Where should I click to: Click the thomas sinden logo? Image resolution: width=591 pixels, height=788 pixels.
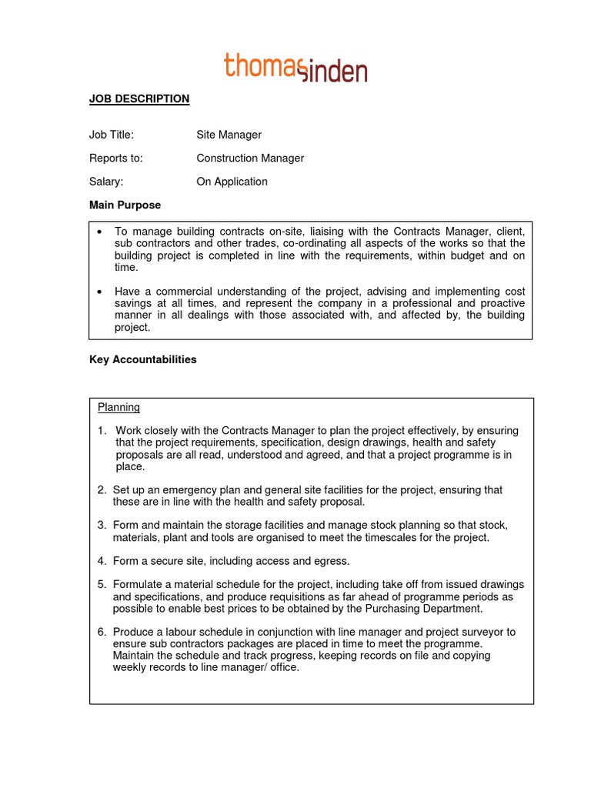coord(295,67)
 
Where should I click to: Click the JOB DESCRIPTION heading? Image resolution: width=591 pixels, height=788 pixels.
coord(139,98)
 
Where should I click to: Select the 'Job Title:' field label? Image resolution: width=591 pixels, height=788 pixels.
coord(112,135)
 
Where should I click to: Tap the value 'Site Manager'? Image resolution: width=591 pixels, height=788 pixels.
coord(229,135)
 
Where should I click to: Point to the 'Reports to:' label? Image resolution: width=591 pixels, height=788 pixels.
coord(116,159)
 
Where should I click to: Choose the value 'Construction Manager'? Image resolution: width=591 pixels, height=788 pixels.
coord(250,159)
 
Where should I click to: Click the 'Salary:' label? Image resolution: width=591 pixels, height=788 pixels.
coord(106,182)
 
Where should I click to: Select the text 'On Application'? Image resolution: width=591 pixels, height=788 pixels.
coord(232,182)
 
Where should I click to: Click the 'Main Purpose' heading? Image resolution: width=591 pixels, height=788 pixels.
coord(125,205)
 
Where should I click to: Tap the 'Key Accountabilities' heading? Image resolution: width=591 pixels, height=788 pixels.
coord(143,359)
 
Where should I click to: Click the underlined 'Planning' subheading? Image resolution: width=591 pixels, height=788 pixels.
coord(119,407)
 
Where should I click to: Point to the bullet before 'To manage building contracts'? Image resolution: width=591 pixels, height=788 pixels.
coord(101,231)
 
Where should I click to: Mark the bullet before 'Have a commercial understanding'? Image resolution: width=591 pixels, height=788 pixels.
coord(101,292)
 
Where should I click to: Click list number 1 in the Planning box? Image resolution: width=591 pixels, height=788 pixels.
coord(102,430)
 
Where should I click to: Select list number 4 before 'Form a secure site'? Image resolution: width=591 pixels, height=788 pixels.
coord(102,561)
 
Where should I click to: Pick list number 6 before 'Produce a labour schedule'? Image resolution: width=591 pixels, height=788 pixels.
coord(102,632)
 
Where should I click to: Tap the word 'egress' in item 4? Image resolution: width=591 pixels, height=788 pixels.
coord(332,561)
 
